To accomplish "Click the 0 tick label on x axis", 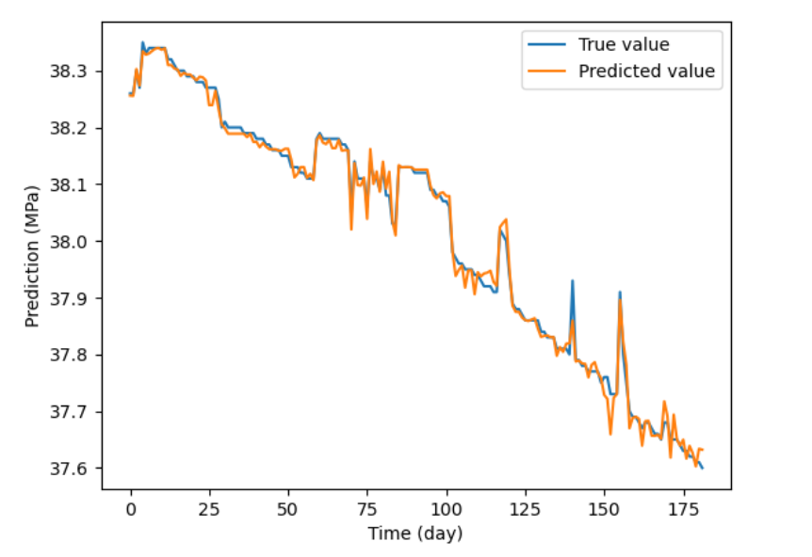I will [131, 509].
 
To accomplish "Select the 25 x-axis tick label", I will [210, 509].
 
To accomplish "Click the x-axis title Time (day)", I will [415, 533].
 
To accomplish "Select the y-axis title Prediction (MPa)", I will [32, 256].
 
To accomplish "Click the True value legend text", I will [624, 44].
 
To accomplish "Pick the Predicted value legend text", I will [646, 72].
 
